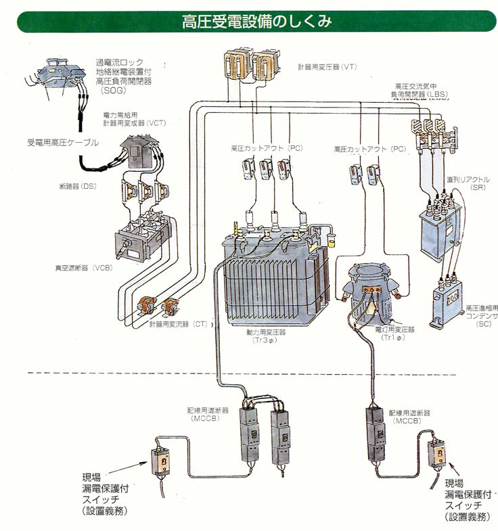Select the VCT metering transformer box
point(138,152)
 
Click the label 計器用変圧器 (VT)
point(327,67)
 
